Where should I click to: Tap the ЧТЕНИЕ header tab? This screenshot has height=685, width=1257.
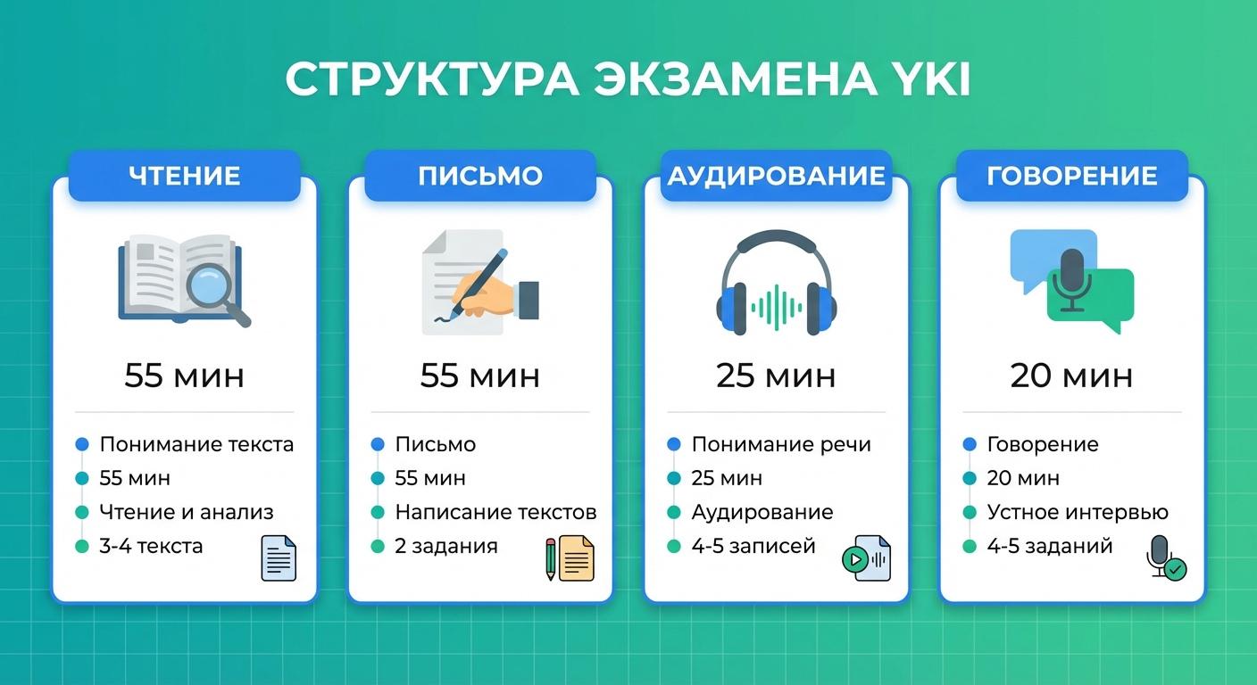coord(185,175)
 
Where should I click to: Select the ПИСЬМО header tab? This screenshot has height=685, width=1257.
coord(480,175)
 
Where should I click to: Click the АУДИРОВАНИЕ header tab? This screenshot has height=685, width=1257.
coord(776,175)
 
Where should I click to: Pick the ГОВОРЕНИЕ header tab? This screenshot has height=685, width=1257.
coord(1071,175)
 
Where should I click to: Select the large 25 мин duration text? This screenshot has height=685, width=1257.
coord(776,376)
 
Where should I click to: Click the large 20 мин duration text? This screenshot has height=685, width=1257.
coord(1071,376)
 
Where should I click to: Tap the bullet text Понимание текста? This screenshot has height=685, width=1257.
coord(196,444)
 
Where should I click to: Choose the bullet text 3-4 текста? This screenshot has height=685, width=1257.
coord(151,546)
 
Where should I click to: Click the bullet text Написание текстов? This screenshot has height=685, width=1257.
coord(495,512)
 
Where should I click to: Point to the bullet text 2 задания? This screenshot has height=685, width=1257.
coord(446,546)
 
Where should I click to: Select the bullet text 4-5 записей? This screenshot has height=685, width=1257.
coord(753,546)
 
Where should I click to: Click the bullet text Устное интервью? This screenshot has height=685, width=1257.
coord(1078,512)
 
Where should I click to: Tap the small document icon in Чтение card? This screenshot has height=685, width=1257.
coord(279,558)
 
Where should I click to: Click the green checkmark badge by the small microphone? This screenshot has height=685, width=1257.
coord(1177,569)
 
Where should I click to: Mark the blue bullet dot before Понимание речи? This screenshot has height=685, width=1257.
coord(673,444)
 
